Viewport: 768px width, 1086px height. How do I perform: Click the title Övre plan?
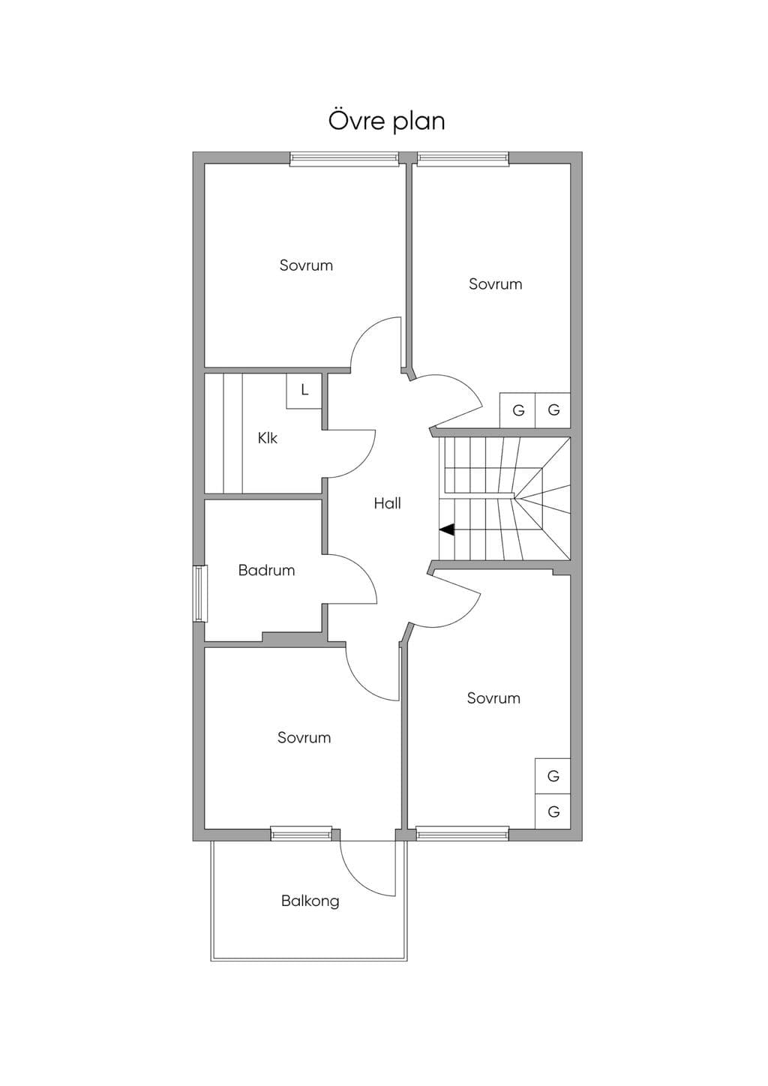coord(386,121)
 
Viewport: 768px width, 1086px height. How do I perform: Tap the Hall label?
coord(388,503)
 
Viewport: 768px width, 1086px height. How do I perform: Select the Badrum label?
coord(267,570)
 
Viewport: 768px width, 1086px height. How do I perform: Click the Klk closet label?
coord(267,438)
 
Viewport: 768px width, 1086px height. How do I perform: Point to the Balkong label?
coord(310,901)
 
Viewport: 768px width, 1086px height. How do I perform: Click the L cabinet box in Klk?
coord(304,391)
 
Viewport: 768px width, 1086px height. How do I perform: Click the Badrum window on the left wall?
coord(199,593)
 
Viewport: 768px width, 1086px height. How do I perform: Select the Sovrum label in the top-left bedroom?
coord(306,265)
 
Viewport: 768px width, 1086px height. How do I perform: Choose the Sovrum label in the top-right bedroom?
coord(496,283)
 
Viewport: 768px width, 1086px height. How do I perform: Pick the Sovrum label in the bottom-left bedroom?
coord(304,737)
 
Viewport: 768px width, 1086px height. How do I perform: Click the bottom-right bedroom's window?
coord(463,833)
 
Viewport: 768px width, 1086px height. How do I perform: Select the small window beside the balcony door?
coord(301,833)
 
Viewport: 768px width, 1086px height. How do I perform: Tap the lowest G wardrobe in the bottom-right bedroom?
coord(553,811)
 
